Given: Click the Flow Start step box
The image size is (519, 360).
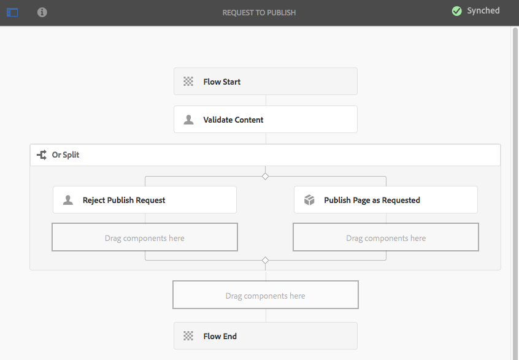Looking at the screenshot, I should coord(265,82).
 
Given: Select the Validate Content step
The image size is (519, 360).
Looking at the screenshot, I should coord(265,120).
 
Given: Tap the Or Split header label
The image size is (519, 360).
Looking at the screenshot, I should coord(66,155).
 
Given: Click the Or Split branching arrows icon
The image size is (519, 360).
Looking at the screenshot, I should coord(42,155).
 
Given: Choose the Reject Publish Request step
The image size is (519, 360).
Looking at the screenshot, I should coord(144,200).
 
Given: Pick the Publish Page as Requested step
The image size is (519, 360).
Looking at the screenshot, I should coord(385,200).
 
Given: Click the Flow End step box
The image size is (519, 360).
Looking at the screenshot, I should coord(265,336).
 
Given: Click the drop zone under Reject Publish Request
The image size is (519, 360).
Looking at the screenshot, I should coord(144,238).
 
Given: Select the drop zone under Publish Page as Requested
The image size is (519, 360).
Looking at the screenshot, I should coord(385,238).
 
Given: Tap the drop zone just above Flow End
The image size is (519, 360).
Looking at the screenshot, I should coord(265,296).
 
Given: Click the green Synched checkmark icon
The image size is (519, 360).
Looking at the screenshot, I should coord(456,11).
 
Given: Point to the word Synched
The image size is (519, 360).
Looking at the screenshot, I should coord(483,11).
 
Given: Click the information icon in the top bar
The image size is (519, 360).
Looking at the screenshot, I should coord(42,12).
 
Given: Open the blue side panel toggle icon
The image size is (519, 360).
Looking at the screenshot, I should coord(12,12).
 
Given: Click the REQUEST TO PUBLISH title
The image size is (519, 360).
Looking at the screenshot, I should coord(259,12).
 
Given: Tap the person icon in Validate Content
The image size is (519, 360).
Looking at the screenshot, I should coord(189,120).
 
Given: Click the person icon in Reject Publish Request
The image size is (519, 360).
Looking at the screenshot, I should coord(68,200).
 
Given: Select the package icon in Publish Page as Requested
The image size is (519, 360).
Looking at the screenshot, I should coord(309,200).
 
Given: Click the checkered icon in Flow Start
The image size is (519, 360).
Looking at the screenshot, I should coord(188,82).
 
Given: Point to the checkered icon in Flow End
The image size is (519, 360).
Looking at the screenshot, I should coord(188,336).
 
